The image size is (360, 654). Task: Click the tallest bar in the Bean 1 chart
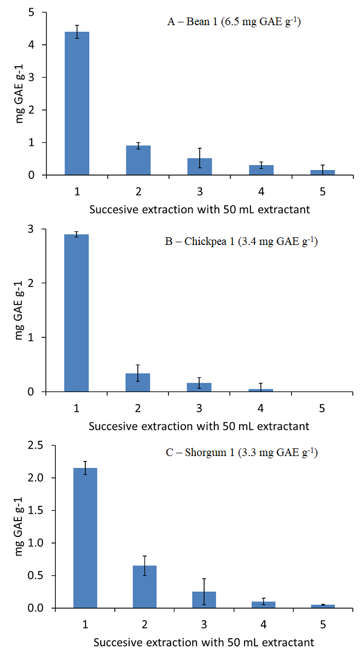pyautogui.click(x=77, y=103)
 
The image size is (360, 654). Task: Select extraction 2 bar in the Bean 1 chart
pyautogui.click(x=138, y=160)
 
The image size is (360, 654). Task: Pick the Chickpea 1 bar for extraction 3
pyautogui.click(x=199, y=387)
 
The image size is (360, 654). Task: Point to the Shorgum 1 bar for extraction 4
pyautogui.click(x=263, y=605)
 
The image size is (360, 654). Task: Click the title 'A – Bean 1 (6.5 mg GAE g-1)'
pyautogui.click(x=234, y=22)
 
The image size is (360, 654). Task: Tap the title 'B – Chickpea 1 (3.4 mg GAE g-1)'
pyautogui.click(x=241, y=241)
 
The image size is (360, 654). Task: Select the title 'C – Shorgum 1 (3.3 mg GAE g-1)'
pyautogui.click(x=240, y=452)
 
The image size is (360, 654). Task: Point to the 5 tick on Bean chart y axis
pyautogui.click(x=37, y=12)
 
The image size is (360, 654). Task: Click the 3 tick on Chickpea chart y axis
pyautogui.click(x=37, y=229)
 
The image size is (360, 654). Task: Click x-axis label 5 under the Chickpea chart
pyautogui.click(x=322, y=408)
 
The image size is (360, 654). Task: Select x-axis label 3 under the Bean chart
pyautogui.click(x=199, y=191)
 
